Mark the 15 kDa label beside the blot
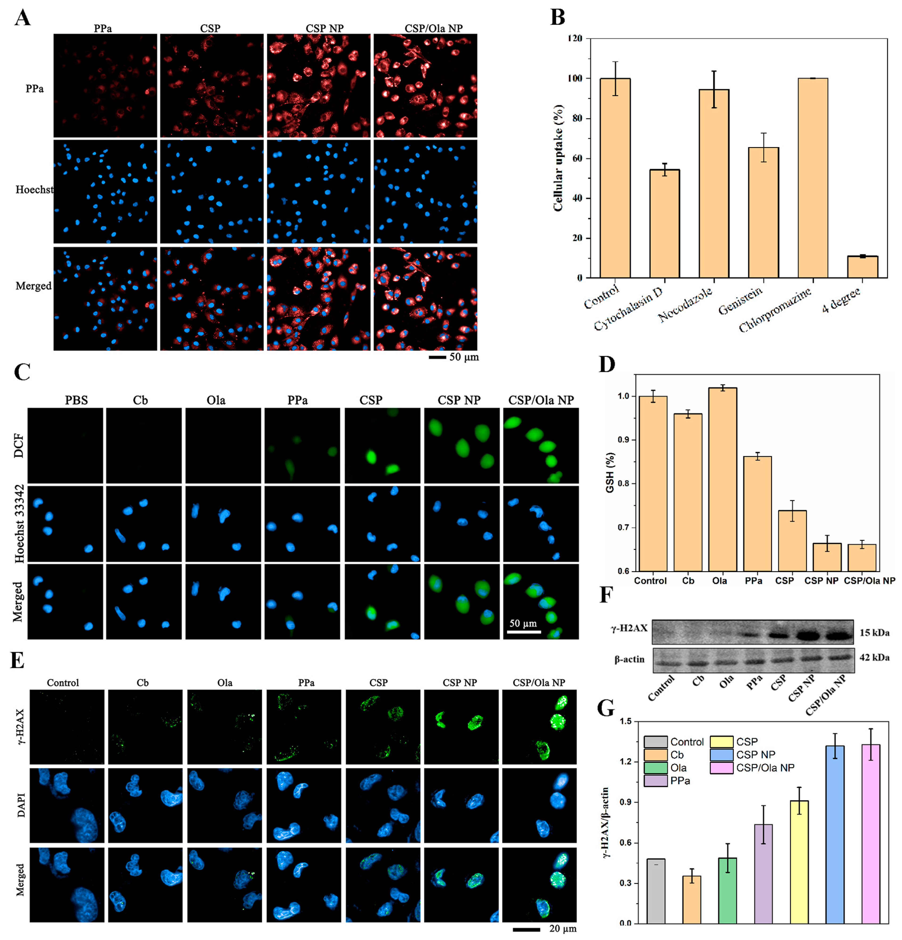[x=874, y=633]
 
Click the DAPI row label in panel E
[x=20, y=805]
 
